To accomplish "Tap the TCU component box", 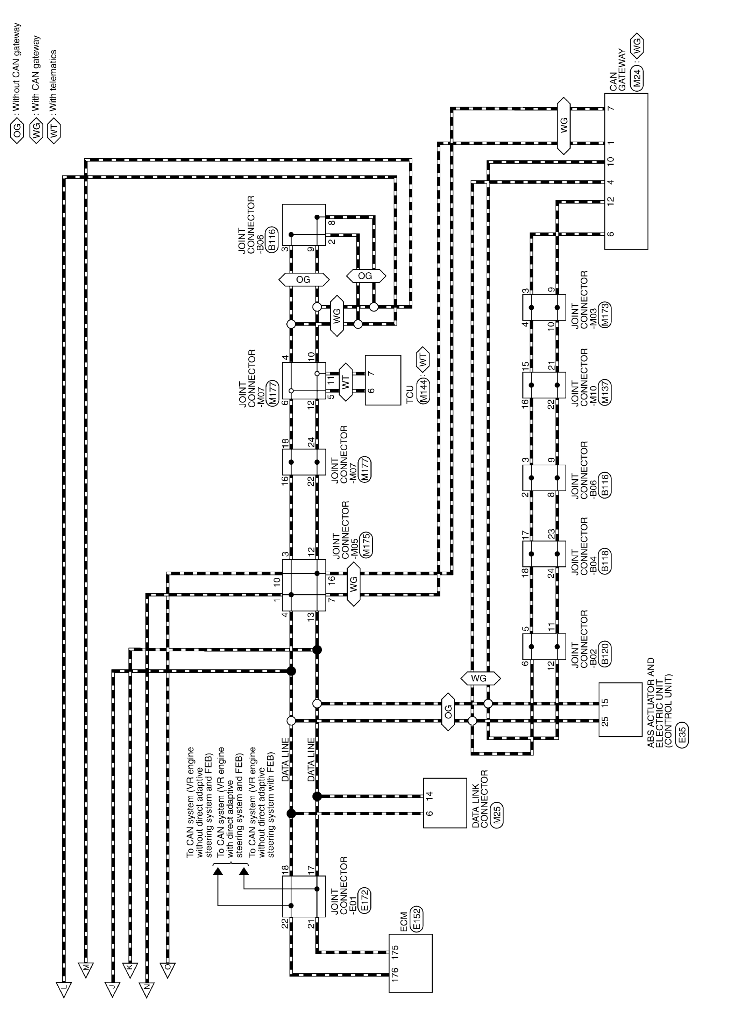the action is pyautogui.click(x=383, y=380).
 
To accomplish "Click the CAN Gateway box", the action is pyautogui.click(x=626, y=171).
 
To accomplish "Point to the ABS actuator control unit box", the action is pyautogui.click(x=620, y=710).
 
